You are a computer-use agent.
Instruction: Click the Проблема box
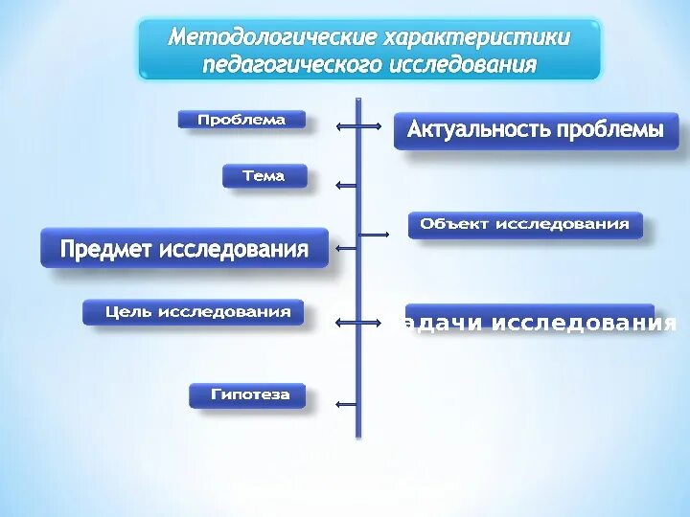click(241, 120)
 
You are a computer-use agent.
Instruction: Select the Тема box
click(265, 176)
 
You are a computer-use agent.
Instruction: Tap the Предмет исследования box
click(184, 250)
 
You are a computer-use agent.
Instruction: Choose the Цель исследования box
click(193, 312)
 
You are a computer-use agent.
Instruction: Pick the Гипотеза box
click(246, 393)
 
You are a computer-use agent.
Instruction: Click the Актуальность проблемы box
click(535, 130)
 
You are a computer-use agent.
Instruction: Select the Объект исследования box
click(525, 224)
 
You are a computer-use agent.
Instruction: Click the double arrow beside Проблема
click(357, 124)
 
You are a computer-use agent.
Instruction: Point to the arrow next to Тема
click(347, 185)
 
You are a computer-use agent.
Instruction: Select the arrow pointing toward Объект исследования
click(374, 234)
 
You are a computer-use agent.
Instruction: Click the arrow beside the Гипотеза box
click(347, 404)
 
